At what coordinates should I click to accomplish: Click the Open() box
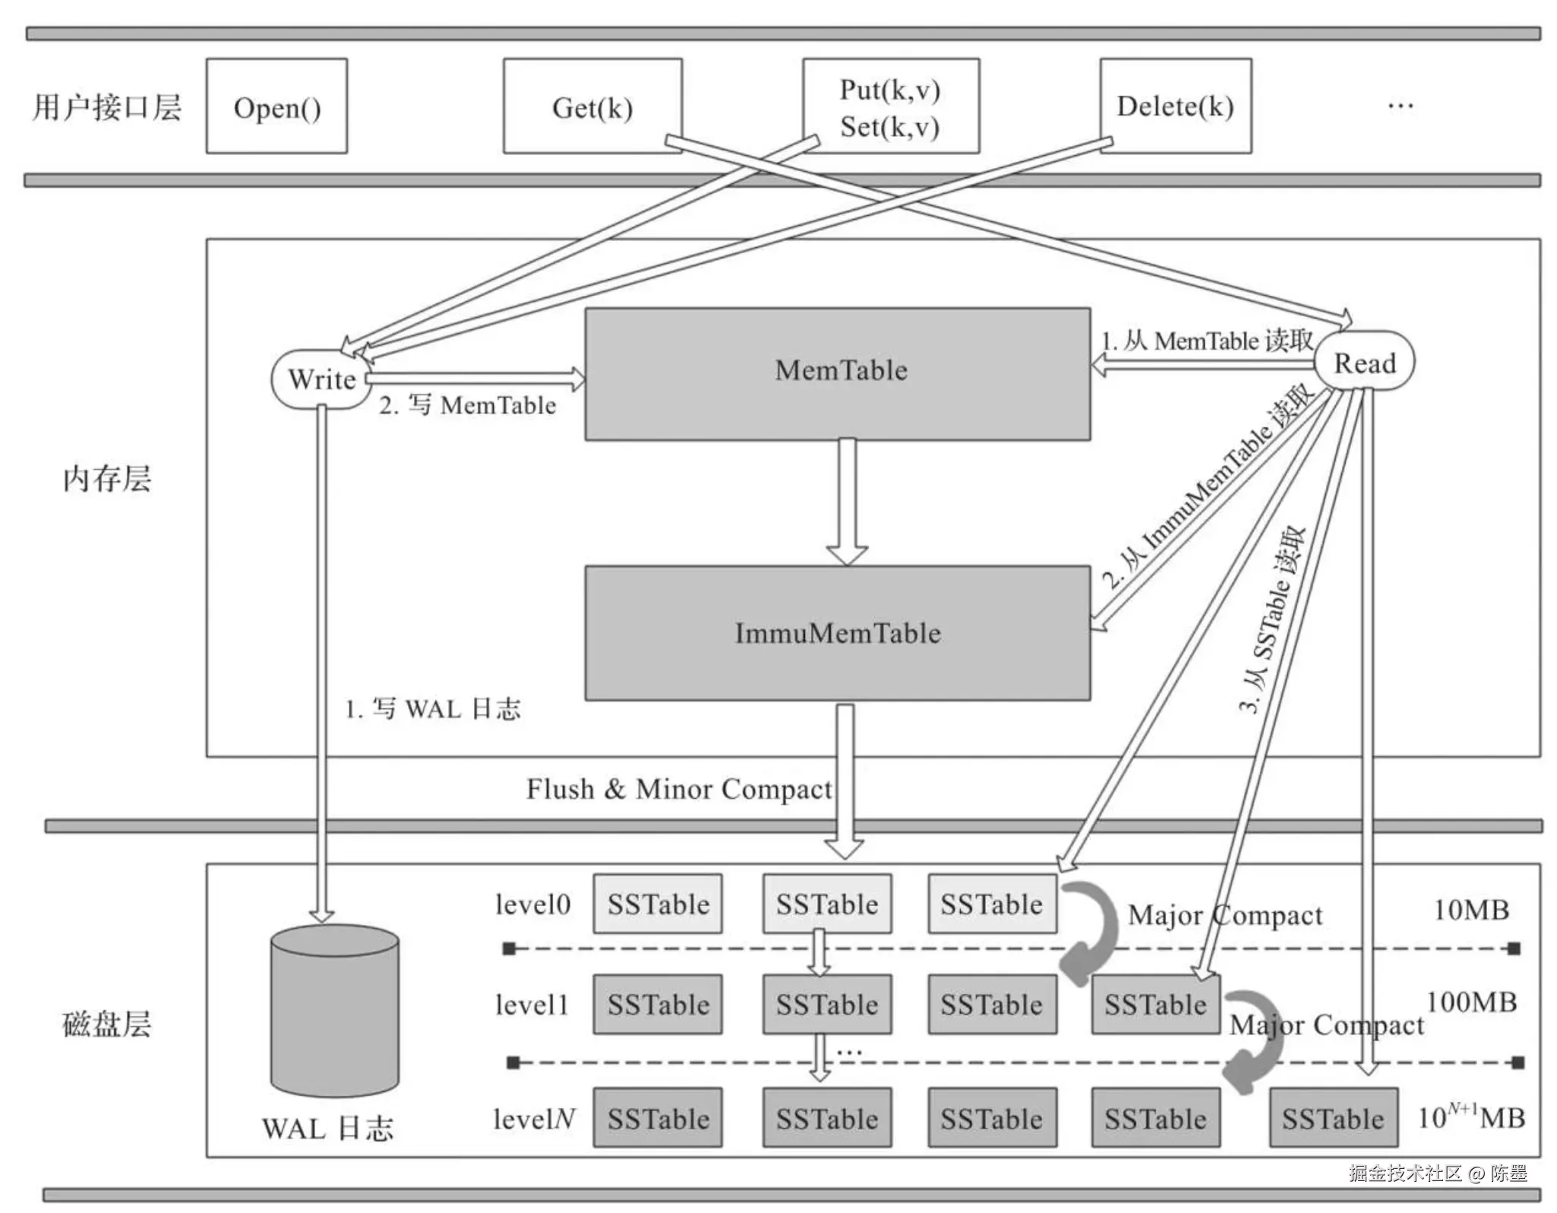(x=276, y=106)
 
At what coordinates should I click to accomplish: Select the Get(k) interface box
(x=592, y=106)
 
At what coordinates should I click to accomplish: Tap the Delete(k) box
(x=1175, y=106)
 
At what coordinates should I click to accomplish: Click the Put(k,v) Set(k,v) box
(x=890, y=106)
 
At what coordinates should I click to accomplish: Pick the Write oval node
(x=321, y=379)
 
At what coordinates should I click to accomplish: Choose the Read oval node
(x=1365, y=363)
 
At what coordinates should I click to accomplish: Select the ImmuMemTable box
(x=838, y=633)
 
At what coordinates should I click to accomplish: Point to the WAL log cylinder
(x=335, y=1010)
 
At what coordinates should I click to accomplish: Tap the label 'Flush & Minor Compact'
(x=679, y=789)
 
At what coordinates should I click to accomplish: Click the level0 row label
(x=532, y=904)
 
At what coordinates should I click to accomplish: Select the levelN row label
(x=533, y=1119)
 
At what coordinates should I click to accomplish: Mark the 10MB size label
(x=1470, y=910)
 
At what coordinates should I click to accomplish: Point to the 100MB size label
(x=1471, y=1002)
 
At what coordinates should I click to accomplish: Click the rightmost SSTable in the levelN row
(x=1333, y=1118)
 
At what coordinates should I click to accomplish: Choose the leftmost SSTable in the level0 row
(x=658, y=904)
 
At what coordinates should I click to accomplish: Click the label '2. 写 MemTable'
(x=468, y=405)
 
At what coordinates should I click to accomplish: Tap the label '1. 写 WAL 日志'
(x=433, y=709)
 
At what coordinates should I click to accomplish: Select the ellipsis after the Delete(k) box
(x=1400, y=106)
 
